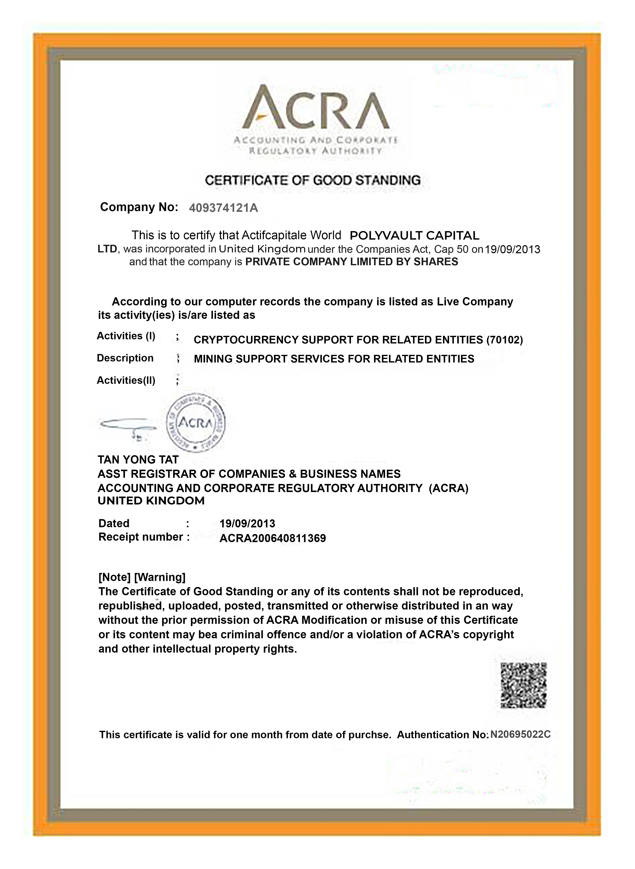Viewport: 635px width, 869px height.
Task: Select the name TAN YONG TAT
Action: pos(138,460)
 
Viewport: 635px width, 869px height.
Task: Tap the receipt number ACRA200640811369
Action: pos(273,538)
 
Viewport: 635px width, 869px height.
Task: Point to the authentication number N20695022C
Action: pos(520,734)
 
